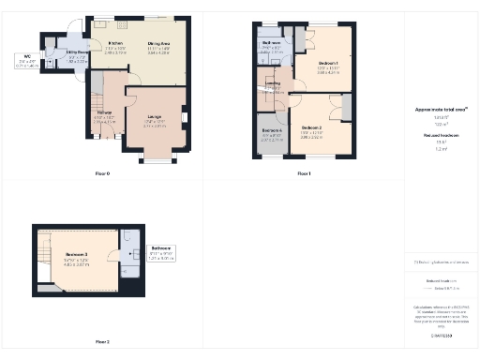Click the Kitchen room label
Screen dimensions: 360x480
tap(116, 43)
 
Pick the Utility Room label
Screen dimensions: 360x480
tap(77, 53)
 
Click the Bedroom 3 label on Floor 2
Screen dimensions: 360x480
tap(78, 255)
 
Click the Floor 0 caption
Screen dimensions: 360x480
tap(102, 174)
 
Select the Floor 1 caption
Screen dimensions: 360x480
tap(303, 174)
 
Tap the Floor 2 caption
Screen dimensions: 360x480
tap(102, 343)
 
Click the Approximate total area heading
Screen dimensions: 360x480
tap(441, 110)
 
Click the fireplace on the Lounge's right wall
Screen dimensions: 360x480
tap(185, 117)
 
